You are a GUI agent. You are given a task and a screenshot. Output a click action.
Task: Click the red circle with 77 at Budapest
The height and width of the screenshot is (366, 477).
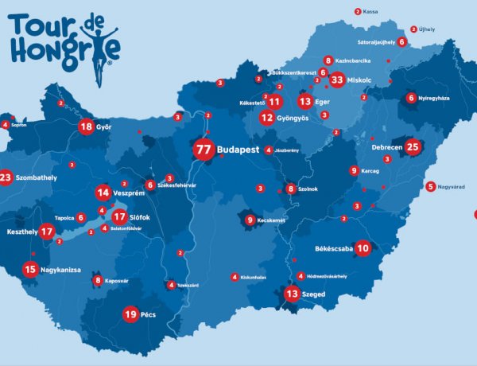pos(203,149)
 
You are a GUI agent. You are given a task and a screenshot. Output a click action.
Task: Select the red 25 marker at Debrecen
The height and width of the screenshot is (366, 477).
pos(412,146)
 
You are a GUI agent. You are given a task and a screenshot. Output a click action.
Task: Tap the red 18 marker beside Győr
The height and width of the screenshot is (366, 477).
pos(86,127)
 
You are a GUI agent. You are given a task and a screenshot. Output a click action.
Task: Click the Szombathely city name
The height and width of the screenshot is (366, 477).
pos(37,177)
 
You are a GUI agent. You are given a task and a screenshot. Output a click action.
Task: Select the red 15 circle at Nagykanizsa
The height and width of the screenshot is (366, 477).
pos(30,270)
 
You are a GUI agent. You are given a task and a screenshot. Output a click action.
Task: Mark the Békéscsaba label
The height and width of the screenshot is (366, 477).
pos(332,248)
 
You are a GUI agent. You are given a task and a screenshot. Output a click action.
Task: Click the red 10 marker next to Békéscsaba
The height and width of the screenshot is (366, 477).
pos(363,247)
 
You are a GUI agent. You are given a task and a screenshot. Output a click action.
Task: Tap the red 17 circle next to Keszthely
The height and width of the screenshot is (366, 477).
pos(47,232)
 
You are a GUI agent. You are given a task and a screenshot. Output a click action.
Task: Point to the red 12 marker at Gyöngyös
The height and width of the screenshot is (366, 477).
pos(267,117)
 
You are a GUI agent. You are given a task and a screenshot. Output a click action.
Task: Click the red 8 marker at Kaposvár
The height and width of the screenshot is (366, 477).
pos(97,280)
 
